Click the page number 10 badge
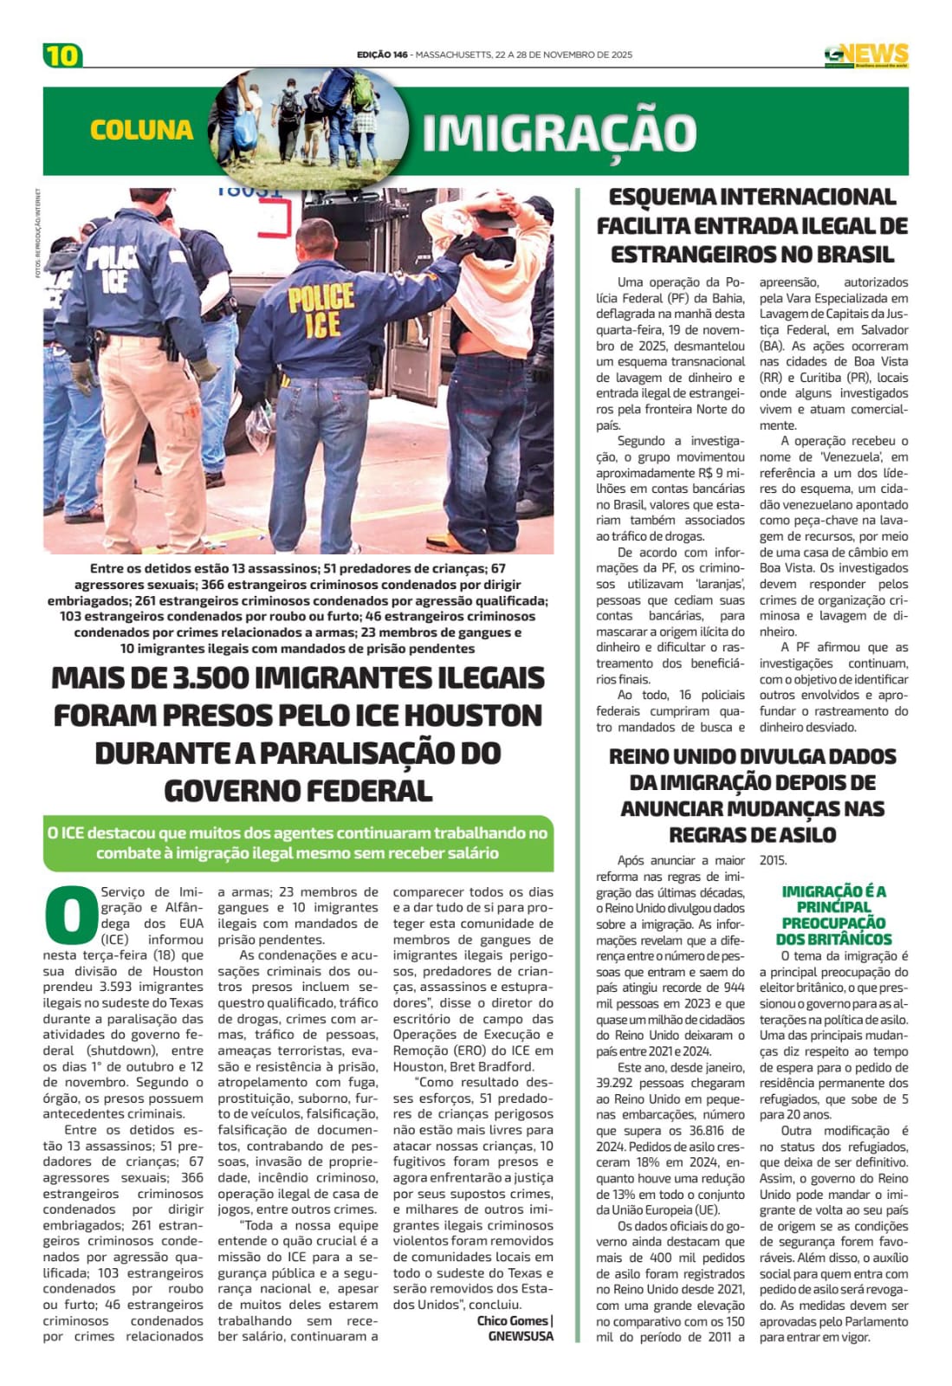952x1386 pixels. tap(62, 55)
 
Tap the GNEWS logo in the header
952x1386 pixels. tap(865, 55)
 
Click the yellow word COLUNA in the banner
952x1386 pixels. tap(141, 130)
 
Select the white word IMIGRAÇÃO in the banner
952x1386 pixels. tap(559, 133)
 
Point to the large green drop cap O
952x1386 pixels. tap(69, 915)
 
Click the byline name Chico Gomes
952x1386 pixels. tap(512, 1320)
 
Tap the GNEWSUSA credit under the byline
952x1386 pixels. tap(521, 1336)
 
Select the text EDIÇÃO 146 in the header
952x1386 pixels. tap(381, 55)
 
